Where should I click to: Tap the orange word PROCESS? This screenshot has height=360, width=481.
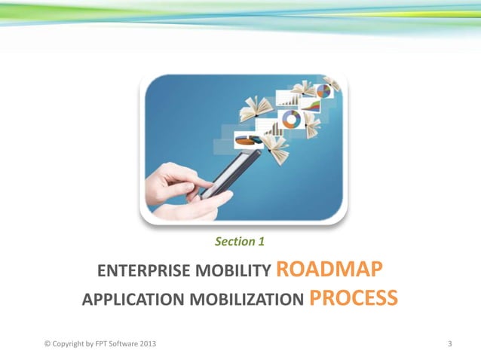coord(354,299)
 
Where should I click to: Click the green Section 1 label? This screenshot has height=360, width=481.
coord(239,242)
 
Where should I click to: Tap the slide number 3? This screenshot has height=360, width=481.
coord(449,344)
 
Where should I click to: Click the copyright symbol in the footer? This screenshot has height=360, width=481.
coord(47,344)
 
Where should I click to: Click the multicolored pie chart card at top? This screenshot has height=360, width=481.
coord(323,91)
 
